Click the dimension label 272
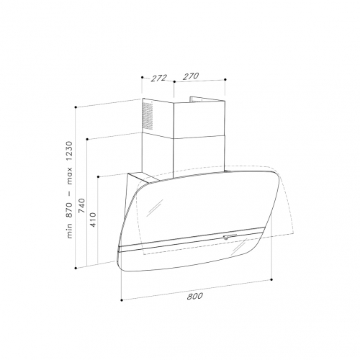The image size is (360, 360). [x=158, y=78]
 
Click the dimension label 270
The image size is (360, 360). [x=191, y=76]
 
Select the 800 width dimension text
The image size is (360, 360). [x=195, y=296]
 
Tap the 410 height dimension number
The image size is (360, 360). [x=93, y=220]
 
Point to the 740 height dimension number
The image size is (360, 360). [x=81, y=206]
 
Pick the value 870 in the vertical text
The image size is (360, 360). [x=69, y=210]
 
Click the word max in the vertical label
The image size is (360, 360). [x=70, y=176]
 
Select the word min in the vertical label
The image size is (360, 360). [x=69, y=230]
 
